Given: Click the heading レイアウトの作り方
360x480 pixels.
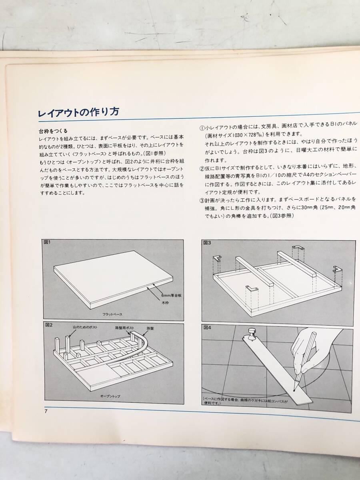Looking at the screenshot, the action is [x=78, y=112].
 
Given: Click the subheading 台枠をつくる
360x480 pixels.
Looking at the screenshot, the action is [x=53, y=131].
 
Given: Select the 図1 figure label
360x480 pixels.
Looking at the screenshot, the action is [x=47, y=242].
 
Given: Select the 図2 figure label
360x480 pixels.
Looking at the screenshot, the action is [x=48, y=325].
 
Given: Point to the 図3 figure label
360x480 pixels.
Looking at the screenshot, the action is [x=207, y=242].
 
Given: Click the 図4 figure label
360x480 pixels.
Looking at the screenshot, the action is [x=208, y=327].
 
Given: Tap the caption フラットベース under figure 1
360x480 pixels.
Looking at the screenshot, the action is [x=112, y=314].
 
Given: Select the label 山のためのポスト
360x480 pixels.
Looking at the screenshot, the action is [x=85, y=327].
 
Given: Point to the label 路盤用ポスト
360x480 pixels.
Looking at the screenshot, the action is [x=124, y=328].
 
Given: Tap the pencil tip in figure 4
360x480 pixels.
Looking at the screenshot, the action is [x=295, y=390].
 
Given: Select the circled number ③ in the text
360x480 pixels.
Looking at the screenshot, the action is [x=202, y=200].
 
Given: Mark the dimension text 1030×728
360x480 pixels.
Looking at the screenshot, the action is [x=244, y=135].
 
